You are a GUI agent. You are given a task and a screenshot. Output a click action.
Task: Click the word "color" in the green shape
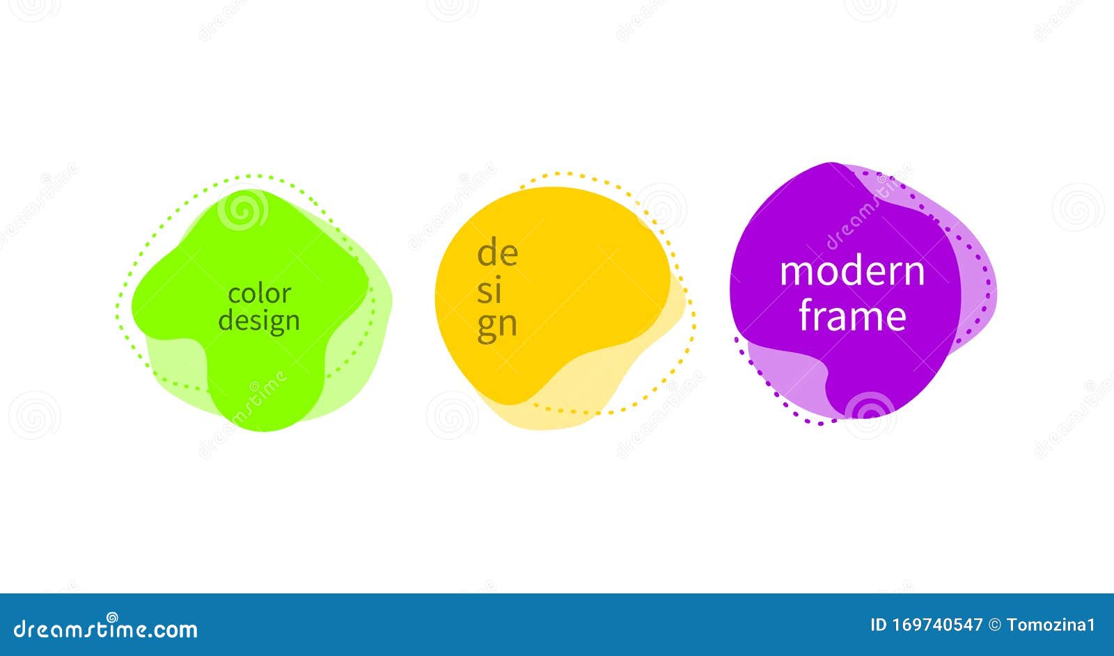click(259, 294)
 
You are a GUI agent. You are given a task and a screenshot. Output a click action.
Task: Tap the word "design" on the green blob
click(259, 321)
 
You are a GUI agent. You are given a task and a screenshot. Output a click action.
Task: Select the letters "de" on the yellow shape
click(497, 253)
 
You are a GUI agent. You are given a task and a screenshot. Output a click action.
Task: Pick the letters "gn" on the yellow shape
click(496, 326)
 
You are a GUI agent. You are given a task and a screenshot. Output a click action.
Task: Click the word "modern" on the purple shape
click(852, 271)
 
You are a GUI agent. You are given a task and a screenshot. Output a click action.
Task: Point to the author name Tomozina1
click(1051, 625)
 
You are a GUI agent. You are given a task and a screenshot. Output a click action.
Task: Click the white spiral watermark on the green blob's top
click(242, 209)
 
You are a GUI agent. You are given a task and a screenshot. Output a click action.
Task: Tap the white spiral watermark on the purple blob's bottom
click(870, 410)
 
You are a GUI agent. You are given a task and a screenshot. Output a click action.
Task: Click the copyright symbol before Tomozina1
click(994, 625)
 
